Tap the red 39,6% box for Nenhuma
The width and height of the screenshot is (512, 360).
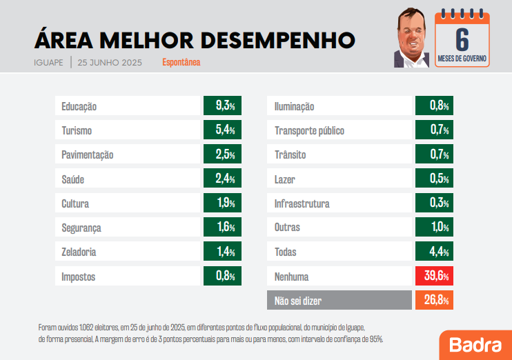[x=433, y=277]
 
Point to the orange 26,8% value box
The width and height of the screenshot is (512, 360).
[x=433, y=301]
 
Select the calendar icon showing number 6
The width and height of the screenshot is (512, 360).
[x=462, y=39]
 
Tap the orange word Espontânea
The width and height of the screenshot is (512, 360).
[x=181, y=63]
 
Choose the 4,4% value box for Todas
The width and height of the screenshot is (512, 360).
[x=433, y=252]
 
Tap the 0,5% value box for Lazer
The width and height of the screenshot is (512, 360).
[x=433, y=179]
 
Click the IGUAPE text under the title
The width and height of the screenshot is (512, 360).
[x=48, y=63]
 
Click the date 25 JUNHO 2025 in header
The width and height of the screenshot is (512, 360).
[x=110, y=63]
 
